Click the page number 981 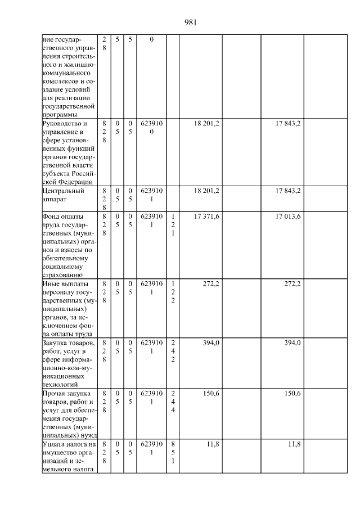[x=190, y=22]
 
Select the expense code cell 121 [x=173, y=224]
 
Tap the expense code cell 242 [x=173, y=351]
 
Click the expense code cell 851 [x=173, y=452]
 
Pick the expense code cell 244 [x=173, y=402]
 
